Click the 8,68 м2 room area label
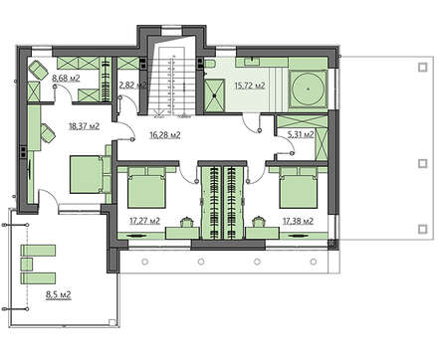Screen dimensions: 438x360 pos(66,79)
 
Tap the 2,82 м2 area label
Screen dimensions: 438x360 pos(132,86)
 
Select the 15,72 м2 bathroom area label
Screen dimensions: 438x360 pos(250,86)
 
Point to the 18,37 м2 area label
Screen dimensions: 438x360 pos(85,126)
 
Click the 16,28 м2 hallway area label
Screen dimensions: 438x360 pos(165,135)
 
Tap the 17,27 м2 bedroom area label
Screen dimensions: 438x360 pos(144,221)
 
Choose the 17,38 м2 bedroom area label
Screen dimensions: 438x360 pos(298,221)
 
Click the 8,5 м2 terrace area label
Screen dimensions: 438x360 pos(59,294)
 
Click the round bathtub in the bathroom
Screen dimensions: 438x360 pos(309,89)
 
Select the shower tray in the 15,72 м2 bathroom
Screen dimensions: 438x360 pos(214,95)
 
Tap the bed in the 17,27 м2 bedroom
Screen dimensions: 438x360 pos(146,187)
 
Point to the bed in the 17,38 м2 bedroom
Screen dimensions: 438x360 pos(298,187)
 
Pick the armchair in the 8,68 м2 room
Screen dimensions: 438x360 pos(38,71)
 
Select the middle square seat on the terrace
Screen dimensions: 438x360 pos(27,265)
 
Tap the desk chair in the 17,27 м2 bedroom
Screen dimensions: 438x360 pos(187,221)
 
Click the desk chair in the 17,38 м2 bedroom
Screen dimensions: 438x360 pos(258,221)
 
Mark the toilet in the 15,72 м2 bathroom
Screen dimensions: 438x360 pos(210,64)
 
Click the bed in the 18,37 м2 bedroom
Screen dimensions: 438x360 pos(87,174)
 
